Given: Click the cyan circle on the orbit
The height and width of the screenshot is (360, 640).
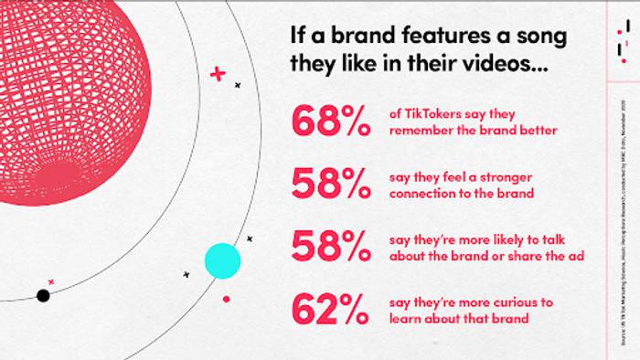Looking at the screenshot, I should tap(221, 260).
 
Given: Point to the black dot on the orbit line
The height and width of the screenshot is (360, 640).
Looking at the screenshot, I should tap(43, 295).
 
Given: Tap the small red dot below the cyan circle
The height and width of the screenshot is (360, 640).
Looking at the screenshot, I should tap(226, 299).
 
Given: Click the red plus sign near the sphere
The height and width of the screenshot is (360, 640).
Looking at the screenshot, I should tap(218, 73).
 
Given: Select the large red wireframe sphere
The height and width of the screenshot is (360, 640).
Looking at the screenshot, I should tap(87, 87).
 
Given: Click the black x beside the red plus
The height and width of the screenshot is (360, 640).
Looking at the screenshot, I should tap(238, 85).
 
